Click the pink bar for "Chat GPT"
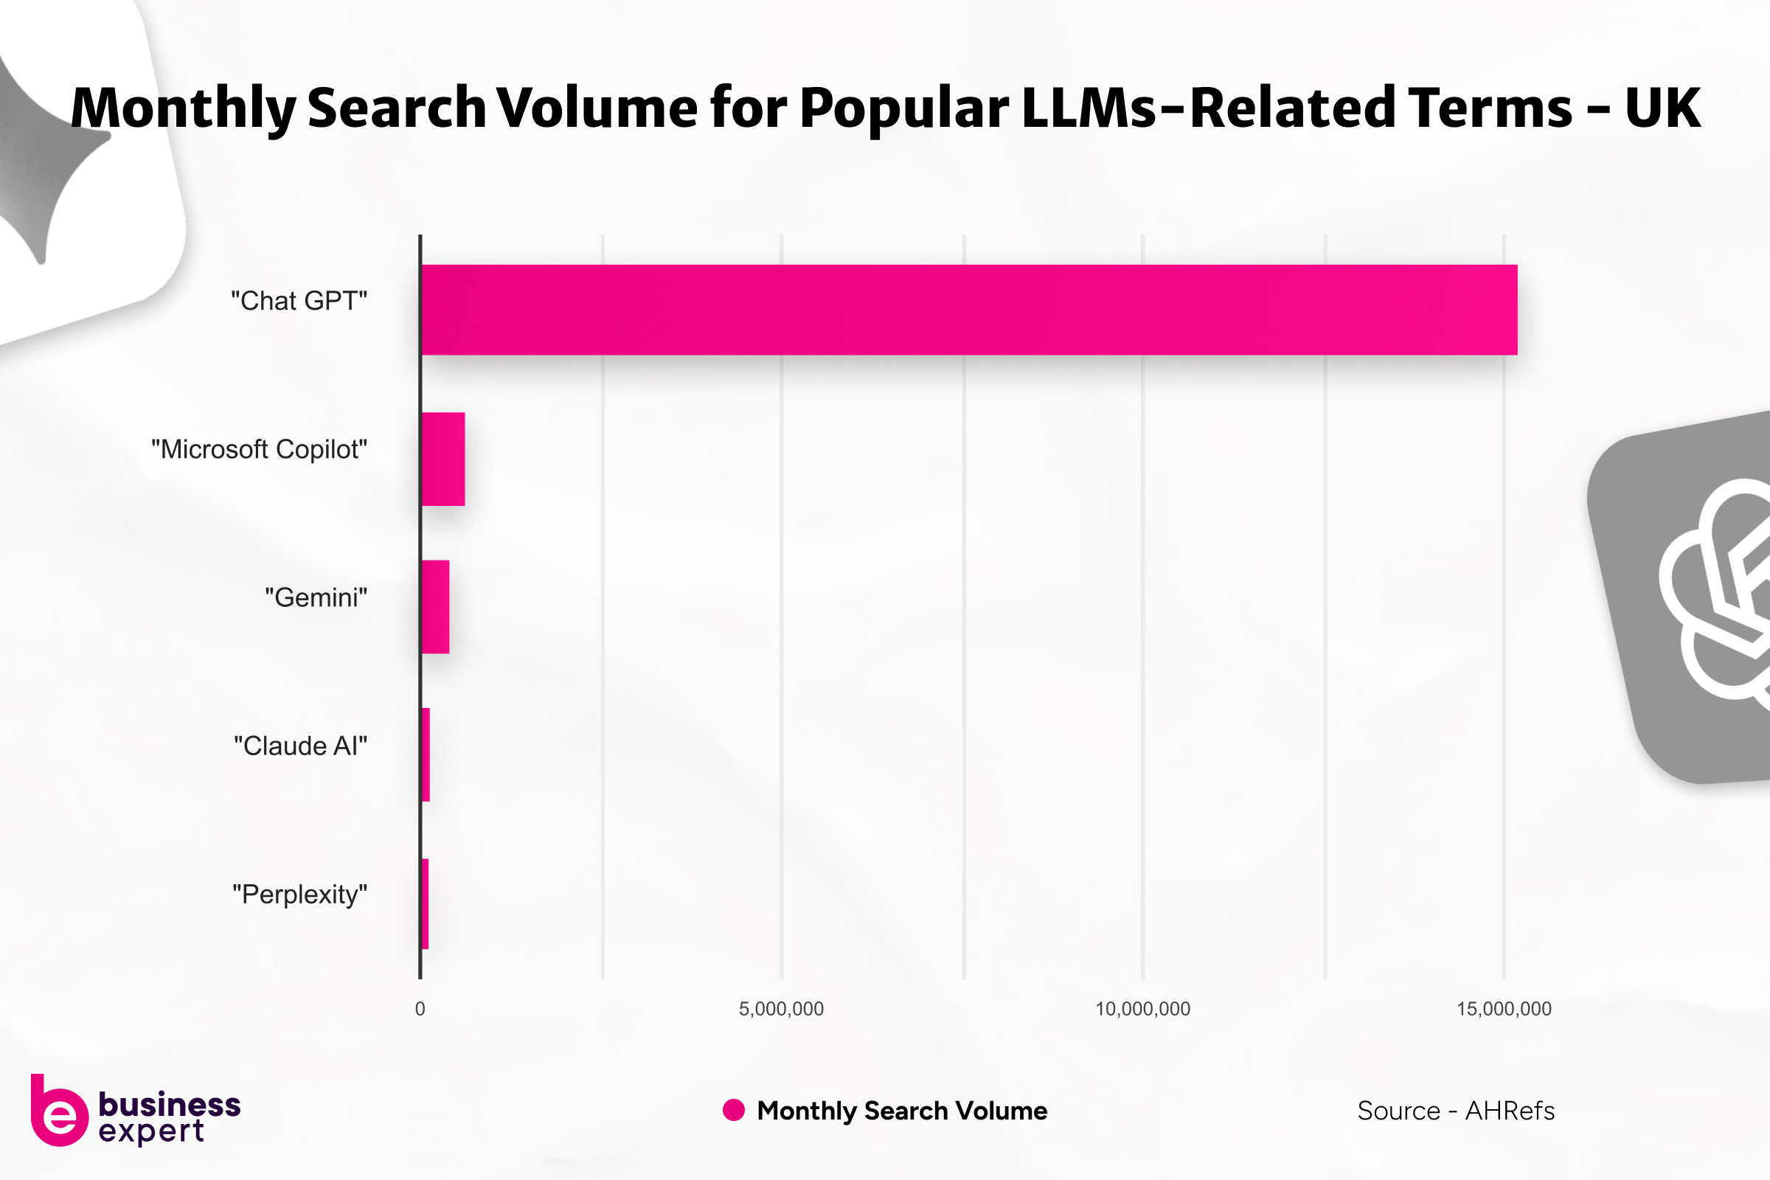tap(968, 309)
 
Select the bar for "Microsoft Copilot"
tap(442, 458)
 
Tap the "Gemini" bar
tap(435, 606)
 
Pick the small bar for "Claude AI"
tap(426, 754)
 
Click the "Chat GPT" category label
tap(299, 301)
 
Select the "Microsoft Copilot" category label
tap(259, 449)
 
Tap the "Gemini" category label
tap(316, 597)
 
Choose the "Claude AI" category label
tap(300, 746)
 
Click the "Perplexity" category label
tap(299, 894)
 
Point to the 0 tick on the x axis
tap(420, 1009)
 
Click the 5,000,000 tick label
tap(781, 1009)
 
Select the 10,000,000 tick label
tap(1142, 1009)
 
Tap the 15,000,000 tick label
tap(1504, 1009)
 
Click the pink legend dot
tap(733, 1110)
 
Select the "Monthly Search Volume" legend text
tap(901, 1111)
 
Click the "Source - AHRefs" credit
tap(1455, 1111)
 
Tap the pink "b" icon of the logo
tap(58, 1113)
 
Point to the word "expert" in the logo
tap(150, 1131)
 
